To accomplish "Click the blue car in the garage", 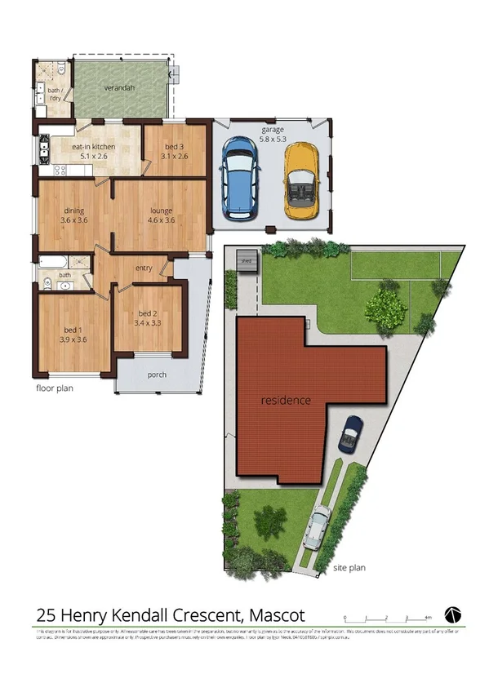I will [239, 178].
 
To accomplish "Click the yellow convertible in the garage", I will [300, 179].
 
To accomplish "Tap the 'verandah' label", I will [119, 87].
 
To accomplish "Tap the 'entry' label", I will [144, 268].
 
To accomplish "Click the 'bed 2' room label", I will [147, 314].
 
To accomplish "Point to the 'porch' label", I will [157, 375].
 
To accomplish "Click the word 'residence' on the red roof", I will [286, 401].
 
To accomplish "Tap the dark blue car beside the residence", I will [352, 433].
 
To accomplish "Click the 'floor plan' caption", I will [54, 388].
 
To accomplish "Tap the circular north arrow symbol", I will [453, 614].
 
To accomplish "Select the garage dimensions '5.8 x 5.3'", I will [272, 139].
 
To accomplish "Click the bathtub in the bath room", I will [55, 263].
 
